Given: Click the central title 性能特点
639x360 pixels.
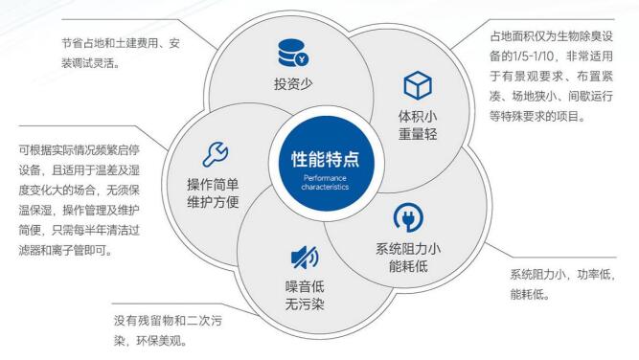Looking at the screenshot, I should (319, 158).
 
